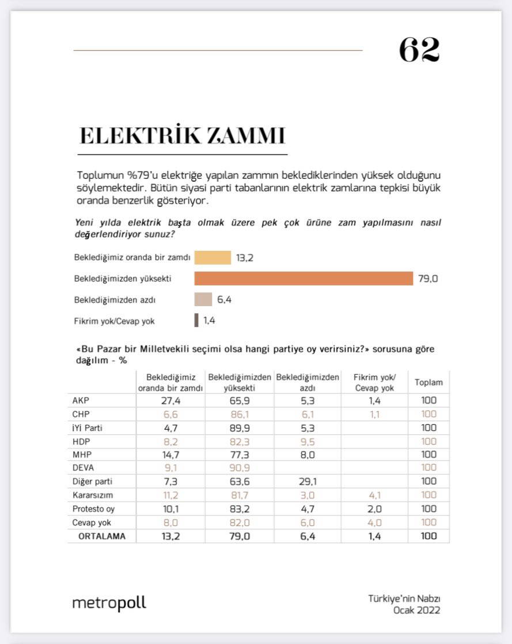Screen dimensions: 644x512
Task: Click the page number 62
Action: pyautogui.click(x=419, y=51)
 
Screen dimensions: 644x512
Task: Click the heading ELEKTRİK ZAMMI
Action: pyautogui.click(x=183, y=135)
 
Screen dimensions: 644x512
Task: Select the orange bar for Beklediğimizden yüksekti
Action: pyautogui.click(x=304, y=278)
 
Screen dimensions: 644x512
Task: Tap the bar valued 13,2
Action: pyautogui.click(x=213, y=258)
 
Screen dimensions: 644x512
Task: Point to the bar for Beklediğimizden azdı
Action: pyautogui.click(x=203, y=300)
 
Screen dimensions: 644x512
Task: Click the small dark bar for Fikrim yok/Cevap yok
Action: pyautogui.click(x=196, y=321)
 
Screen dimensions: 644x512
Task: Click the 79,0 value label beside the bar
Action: pyautogui.click(x=428, y=279)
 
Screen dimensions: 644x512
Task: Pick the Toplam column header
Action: pyautogui.click(x=428, y=382)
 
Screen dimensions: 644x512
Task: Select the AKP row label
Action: pyautogui.click(x=81, y=401)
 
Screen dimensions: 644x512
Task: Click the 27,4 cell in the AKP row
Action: pyautogui.click(x=171, y=401)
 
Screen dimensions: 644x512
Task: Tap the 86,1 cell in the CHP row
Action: pyautogui.click(x=240, y=414)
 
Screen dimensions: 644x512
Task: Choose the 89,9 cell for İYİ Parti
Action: pyautogui.click(x=240, y=428)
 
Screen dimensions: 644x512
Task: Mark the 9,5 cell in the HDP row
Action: pyautogui.click(x=307, y=441)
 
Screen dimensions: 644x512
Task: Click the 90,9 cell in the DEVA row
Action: pyautogui.click(x=240, y=468)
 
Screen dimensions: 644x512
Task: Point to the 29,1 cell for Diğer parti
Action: pyautogui.click(x=307, y=481)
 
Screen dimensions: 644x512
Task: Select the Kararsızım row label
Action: pyautogui.click(x=92, y=495)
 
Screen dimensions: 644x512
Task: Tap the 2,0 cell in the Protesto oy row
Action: pyautogui.click(x=374, y=509)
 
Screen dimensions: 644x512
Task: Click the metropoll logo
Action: pyautogui.click(x=109, y=603)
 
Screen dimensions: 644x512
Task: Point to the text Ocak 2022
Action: pyautogui.click(x=417, y=610)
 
